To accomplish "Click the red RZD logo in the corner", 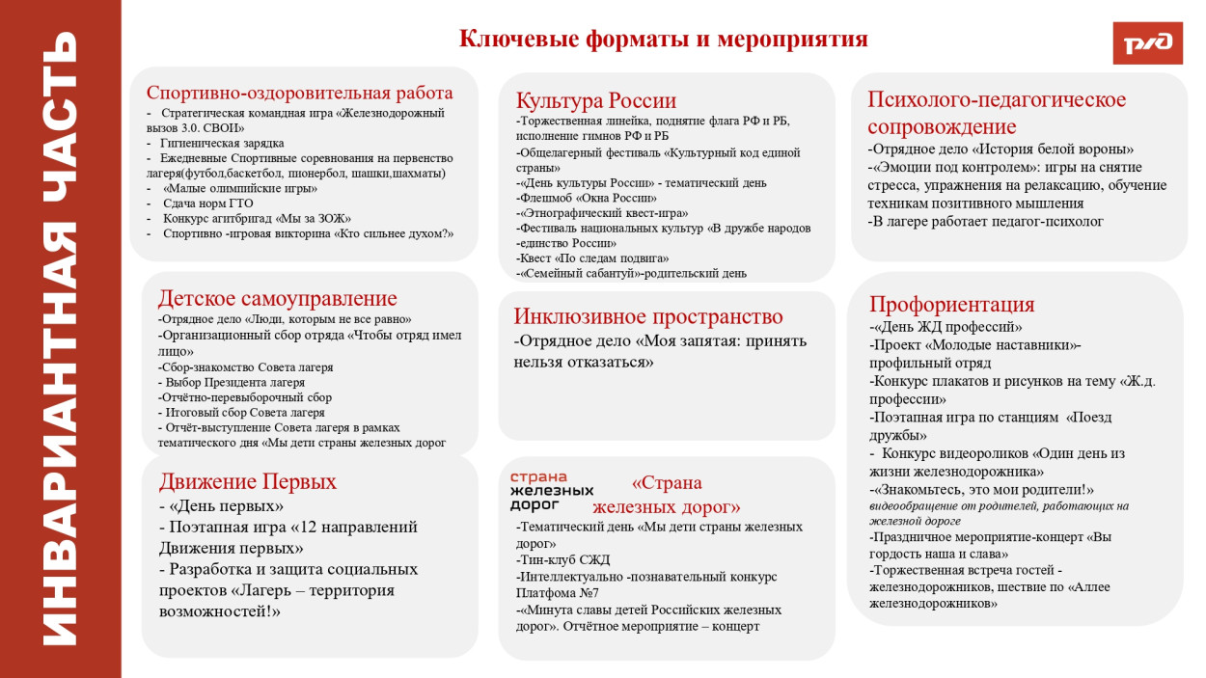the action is [1147, 42].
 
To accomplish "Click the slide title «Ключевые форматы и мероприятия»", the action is [663, 39].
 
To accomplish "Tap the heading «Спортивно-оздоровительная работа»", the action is [299, 93].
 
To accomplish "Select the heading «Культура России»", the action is [595, 100].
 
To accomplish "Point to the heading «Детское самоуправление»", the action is [277, 298].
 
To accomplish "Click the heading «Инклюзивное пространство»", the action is [647, 316].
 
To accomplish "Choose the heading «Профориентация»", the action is [951, 305].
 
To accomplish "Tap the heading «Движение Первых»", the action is [247, 481].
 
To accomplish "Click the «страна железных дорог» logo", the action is [551, 491].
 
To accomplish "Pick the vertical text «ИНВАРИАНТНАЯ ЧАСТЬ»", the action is [61, 339].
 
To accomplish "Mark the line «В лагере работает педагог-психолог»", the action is [985, 222].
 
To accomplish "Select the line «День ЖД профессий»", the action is [946, 327].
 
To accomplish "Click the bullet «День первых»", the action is [221, 505].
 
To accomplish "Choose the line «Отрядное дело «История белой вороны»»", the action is [1000, 149].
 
